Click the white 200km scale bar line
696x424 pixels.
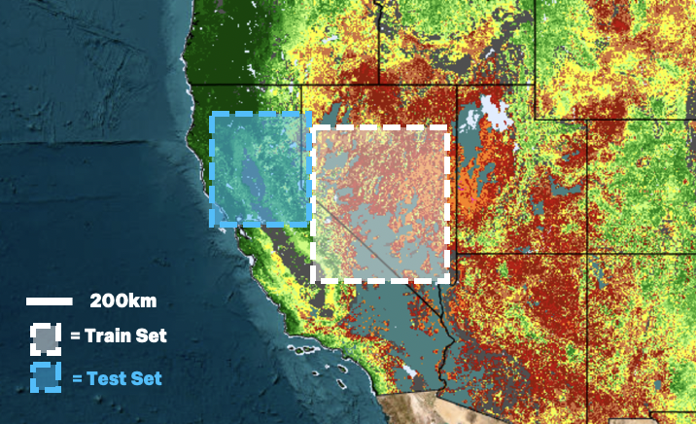point(50,301)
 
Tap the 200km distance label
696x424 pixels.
point(123,301)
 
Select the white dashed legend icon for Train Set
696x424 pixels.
point(46,337)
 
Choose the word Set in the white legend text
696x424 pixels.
point(151,337)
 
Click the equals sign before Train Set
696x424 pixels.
point(75,337)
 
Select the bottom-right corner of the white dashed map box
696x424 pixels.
point(449,279)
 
